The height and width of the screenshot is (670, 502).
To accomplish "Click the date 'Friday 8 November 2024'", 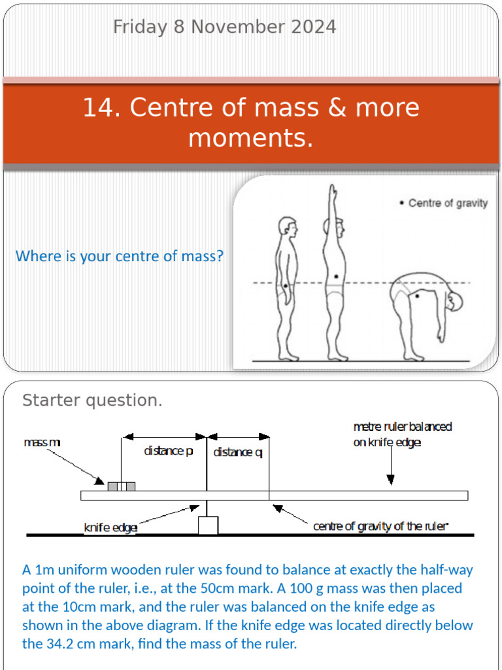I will tap(224, 27).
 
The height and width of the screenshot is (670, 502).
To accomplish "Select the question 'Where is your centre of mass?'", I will tap(119, 256).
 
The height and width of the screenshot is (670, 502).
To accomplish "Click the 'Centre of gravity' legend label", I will tap(447, 203).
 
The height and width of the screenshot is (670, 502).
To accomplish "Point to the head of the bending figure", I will tap(455, 301).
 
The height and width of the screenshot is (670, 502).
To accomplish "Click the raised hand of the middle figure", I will tap(333, 192).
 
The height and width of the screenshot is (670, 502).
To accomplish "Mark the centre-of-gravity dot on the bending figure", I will tap(416, 296).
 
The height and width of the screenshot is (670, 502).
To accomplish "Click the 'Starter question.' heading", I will tap(92, 400).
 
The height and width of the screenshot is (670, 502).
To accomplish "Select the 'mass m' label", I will tap(42, 443).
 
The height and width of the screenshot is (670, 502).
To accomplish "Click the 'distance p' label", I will tap(169, 451).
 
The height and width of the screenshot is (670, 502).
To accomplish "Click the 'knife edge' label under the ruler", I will tap(110, 528).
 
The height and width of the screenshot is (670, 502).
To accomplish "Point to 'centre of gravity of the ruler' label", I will tap(381, 526).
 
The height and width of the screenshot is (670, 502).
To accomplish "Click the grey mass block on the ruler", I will tap(122, 485).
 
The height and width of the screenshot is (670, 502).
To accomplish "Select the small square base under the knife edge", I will tap(208, 525).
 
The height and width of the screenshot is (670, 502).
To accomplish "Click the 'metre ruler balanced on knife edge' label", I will tap(402, 434).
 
